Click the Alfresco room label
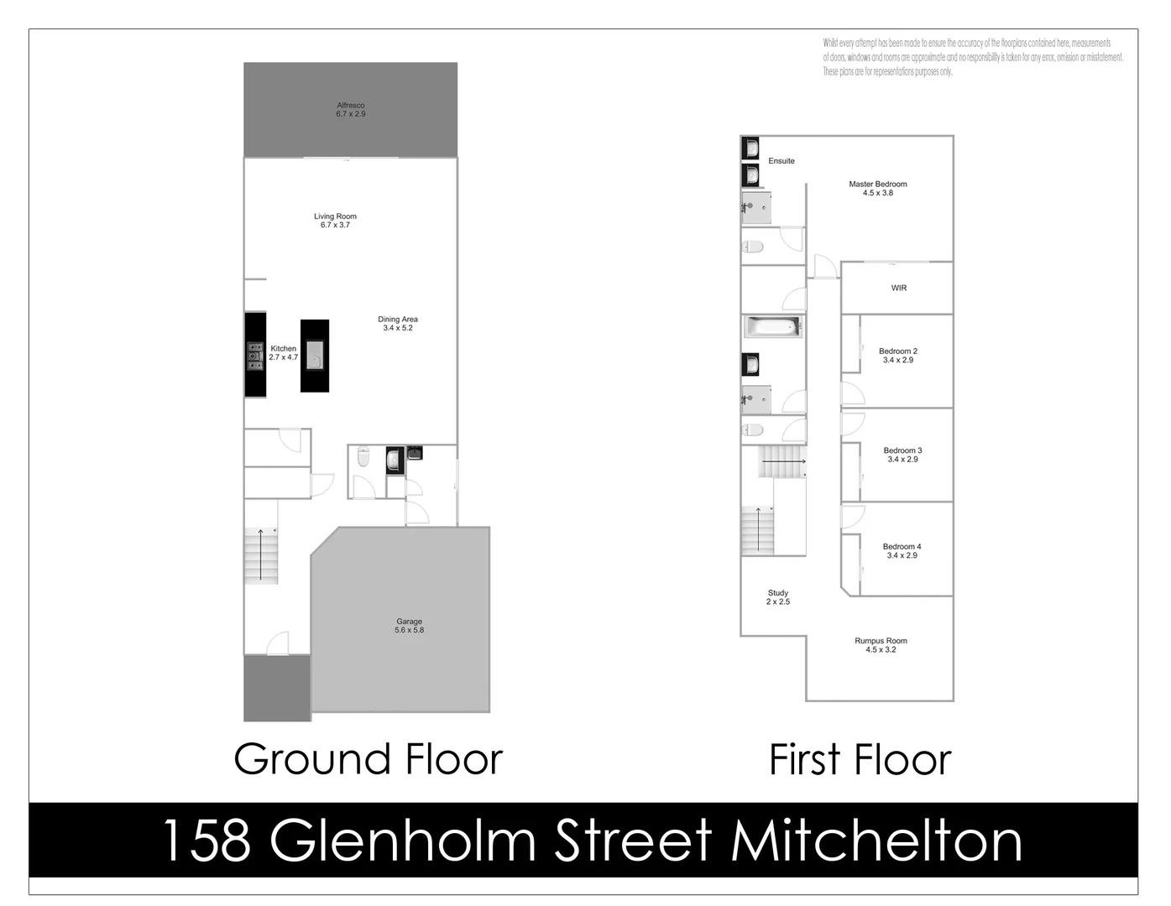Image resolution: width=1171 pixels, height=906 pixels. pyautogui.click(x=350, y=109)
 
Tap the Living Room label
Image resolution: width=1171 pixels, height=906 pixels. pyautogui.click(x=335, y=221)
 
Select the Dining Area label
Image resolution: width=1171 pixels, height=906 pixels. pyautogui.click(x=397, y=323)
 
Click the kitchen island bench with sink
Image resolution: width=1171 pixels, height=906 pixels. pyautogui.click(x=315, y=356)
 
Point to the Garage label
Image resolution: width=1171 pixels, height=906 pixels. pyautogui.click(x=409, y=626)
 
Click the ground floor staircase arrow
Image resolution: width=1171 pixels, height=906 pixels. pyautogui.click(x=260, y=555)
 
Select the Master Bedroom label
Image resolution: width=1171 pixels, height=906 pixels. pyautogui.click(x=877, y=188)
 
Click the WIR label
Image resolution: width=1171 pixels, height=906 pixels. pyautogui.click(x=899, y=288)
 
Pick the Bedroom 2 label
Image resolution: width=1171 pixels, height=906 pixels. pyautogui.click(x=897, y=355)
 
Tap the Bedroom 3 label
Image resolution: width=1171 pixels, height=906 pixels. pyautogui.click(x=902, y=455)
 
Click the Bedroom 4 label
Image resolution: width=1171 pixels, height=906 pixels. pyautogui.click(x=902, y=550)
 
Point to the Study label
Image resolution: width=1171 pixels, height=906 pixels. pyautogui.click(x=778, y=597)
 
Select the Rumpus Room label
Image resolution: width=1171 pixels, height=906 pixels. pyautogui.click(x=881, y=644)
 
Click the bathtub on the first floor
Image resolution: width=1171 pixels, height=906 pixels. pyautogui.click(x=773, y=326)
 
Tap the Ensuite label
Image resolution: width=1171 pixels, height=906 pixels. pyautogui.click(x=782, y=160)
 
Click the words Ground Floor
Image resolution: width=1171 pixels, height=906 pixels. pyautogui.click(x=368, y=758)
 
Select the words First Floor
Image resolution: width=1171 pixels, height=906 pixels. pyautogui.click(x=860, y=760)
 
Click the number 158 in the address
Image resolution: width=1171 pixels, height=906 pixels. pyautogui.click(x=206, y=840)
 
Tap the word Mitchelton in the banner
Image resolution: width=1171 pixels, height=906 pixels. pyautogui.click(x=876, y=840)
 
